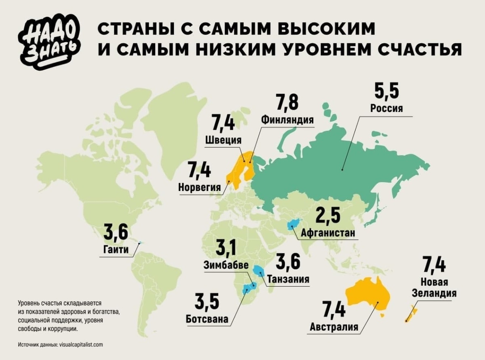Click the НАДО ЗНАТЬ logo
tap(50, 43)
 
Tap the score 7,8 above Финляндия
tap(287, 103)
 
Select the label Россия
tap(386, 109)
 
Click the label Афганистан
tap(328, 233)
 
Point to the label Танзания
tap(288, 279)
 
